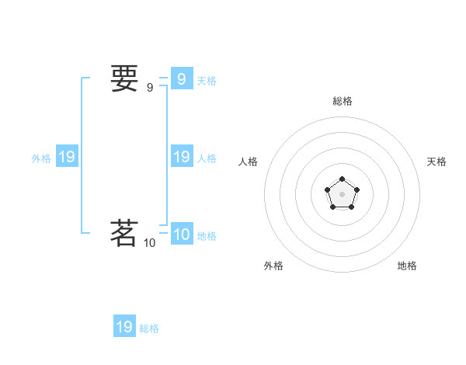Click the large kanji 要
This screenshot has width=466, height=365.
[124, 79]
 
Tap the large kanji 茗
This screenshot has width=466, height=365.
[124, 232]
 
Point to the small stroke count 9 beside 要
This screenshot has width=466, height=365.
[150, 88]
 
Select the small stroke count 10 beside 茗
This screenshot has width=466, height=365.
[149, 243]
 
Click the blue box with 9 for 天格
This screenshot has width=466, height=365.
[181, 78]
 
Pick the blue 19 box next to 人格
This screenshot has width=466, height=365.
[181, 157]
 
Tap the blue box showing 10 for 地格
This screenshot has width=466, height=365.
[181, 234]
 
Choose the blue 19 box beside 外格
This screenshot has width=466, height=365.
[67, 157]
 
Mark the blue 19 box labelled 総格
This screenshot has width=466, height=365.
[124, 327]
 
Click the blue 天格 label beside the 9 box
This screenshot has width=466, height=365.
[207, 81]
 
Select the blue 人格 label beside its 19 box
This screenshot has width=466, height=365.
[207, 158]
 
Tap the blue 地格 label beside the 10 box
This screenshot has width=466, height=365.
[207, 236]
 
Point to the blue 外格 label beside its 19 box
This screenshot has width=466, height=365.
[41, 158]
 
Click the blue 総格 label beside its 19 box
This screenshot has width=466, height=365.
[149, 328]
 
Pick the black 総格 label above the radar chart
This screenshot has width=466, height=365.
[343, 101]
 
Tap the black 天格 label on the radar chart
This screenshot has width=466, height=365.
[437, 162]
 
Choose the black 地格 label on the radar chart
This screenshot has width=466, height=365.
[407, 266]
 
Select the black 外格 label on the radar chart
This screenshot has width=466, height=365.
[273, 266]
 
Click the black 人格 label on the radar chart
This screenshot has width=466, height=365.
[249, 162]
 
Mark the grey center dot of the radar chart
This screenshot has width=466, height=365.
[342, 194]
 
